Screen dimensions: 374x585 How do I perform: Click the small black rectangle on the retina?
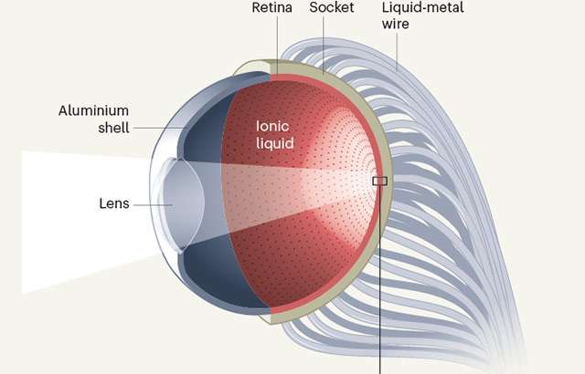(379, 181)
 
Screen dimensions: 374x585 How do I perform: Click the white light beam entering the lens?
(73, 219)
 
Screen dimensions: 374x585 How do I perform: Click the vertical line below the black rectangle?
(379, 274)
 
